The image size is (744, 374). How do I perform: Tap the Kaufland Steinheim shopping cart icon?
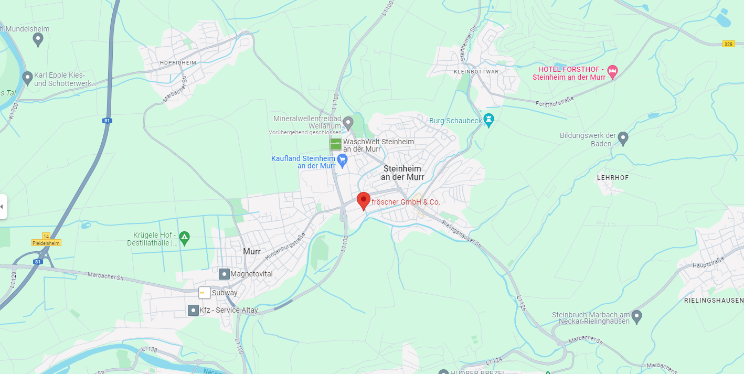(x=343, y=160)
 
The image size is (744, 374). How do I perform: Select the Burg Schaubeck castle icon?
(x=489, y=120)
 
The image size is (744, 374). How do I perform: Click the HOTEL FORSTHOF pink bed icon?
(x=612, y=70)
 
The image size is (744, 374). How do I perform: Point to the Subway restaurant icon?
(x=204, y=293)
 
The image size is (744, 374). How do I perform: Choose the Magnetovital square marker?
(x=224, y=274)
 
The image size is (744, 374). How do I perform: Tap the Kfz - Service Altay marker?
(x=193, y=310)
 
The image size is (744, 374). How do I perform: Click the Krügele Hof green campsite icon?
(x=184, y=237)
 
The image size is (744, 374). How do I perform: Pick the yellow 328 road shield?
(x=728, y=44)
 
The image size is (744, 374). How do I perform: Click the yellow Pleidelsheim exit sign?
(x=46, y=243)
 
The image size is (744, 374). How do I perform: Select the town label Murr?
(x=252, y=252)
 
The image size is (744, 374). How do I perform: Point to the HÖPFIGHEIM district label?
(x=178, y=63)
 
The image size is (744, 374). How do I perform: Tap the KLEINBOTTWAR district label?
(x=476, y=71)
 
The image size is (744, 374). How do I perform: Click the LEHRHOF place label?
(x=613, y=178)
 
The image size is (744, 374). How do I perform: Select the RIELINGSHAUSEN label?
(x=714, y=301)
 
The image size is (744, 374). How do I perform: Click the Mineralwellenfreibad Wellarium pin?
(x=348, y=123)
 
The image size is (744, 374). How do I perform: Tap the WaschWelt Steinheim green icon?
(x=336, y=144)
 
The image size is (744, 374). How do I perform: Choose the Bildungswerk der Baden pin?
(x=623, y=138)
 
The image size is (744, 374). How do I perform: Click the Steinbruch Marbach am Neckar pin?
(x=636, y=316)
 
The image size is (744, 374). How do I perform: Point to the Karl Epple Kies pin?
(x=28, y=78)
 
